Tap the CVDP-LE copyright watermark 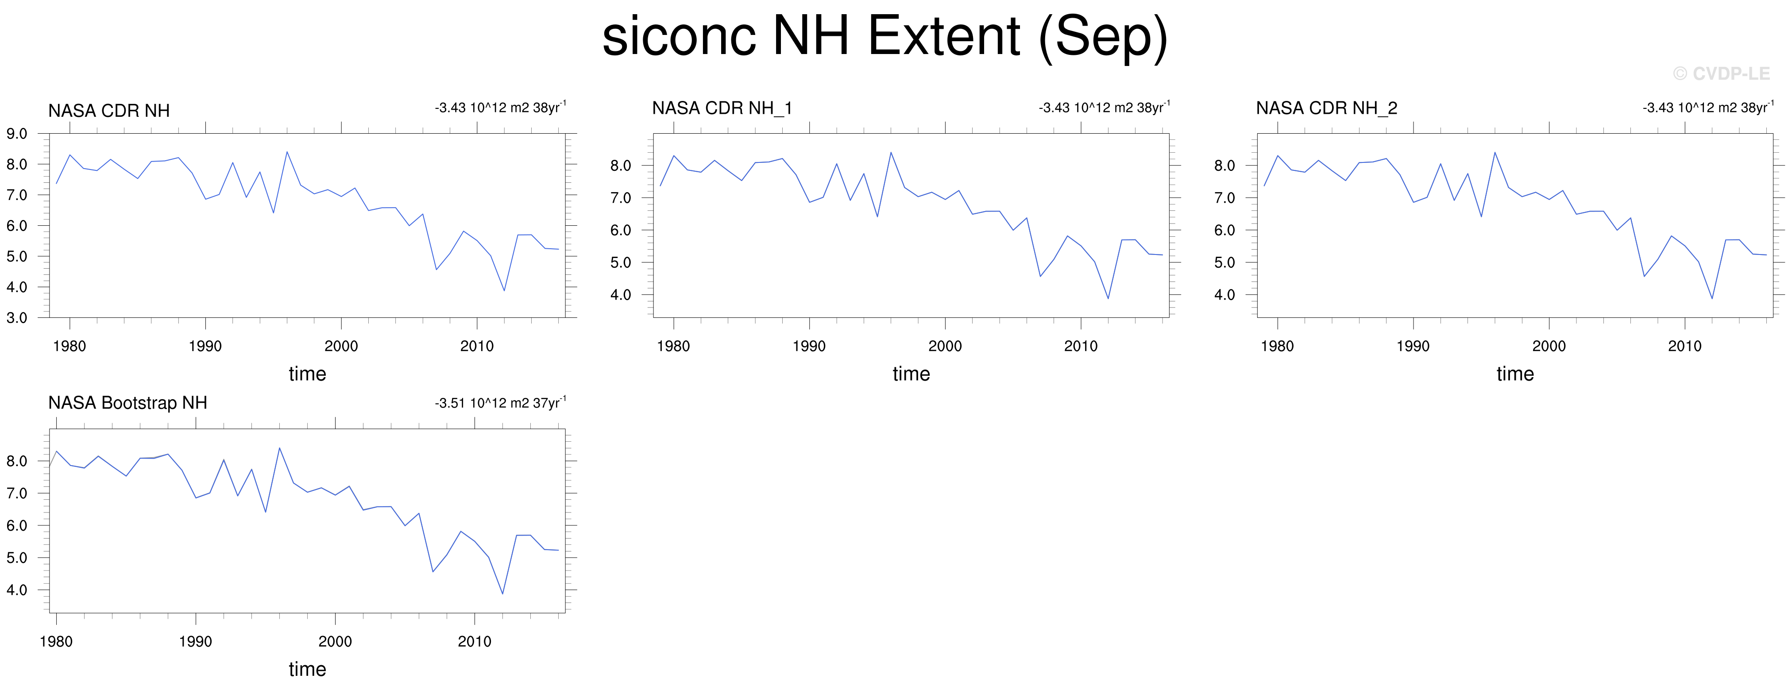[x=1721, y=74]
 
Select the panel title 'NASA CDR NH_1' [x=722, y=108]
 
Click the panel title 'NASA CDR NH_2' [x=1327, y=108]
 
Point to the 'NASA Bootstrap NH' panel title [x=127, y=403]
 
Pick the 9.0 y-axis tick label [x=17, y=134]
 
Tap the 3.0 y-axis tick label [x=17, y=318]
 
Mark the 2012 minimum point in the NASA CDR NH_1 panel [x=1108, y=298]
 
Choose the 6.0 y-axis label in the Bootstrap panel [x=17, y=526]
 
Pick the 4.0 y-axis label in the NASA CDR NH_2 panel [x=1224, y=295]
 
